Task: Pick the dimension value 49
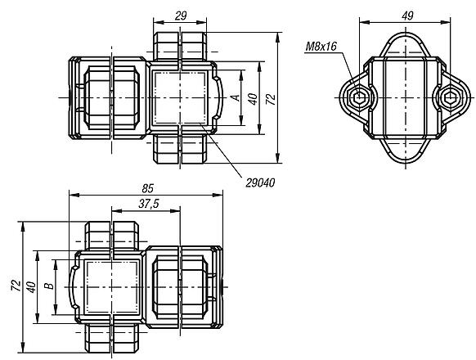[406, 16]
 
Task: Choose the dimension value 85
[147, 188]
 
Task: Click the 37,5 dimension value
[148, 204]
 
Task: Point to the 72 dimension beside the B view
[14, 286]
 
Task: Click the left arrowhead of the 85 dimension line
[72, 195]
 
